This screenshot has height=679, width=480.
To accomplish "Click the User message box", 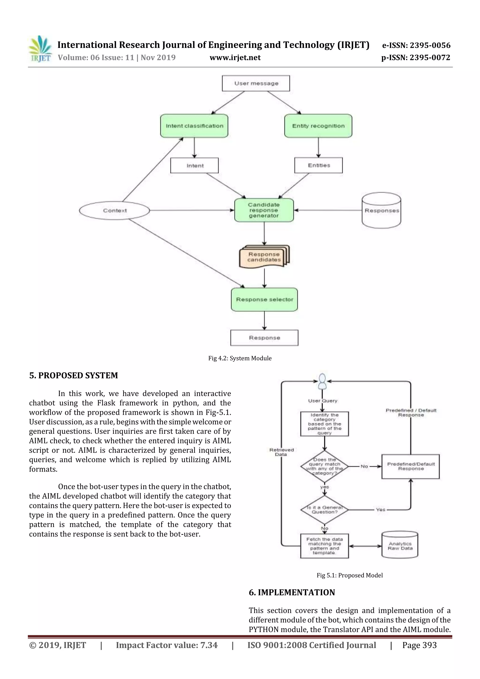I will pos(256,83).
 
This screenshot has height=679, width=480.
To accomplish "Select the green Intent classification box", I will pos(194,126).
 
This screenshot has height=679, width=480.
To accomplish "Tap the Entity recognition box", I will pos(318,126).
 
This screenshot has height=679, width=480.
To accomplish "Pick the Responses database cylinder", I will pos(382,210).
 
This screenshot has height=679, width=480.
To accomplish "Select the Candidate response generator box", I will pos(264,210).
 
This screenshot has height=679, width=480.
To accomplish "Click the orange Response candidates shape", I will pos(264,257).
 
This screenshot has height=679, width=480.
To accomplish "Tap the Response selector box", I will pos(264,300).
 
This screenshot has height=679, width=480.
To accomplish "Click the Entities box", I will pos(319,165).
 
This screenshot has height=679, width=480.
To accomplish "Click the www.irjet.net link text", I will pos(235,58).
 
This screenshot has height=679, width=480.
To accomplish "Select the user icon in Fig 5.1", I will pos(322,382).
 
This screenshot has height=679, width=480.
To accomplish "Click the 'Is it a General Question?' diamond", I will pos(324,510).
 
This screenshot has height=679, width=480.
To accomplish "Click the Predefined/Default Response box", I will pos(410,466).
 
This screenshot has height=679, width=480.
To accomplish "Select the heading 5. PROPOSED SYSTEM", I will pos(73,375).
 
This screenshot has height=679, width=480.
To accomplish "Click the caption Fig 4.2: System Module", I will pos(240,358).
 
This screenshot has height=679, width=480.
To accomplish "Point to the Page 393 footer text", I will pos(419,645).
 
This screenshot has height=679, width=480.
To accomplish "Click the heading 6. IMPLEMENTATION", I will pos(292,592).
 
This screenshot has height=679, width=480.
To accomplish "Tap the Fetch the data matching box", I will pos(324,546).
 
